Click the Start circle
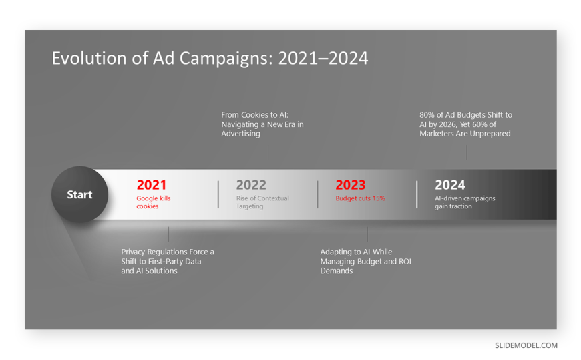click(79, 194)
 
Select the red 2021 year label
click(152, 184)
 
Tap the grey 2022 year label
click(251, 184)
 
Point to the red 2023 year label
click(351, 184)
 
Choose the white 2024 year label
click(450, 184)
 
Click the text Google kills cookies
click(154, 202)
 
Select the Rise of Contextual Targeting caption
click(262, 202)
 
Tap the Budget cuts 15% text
click(360, 198)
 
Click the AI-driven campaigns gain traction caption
click(465, 202)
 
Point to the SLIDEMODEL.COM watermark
click(526, 345)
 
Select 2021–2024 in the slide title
click(323, 58)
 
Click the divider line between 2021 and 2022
click(218, 194)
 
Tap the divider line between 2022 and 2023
click(318, 194)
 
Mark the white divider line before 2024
click(417, 194)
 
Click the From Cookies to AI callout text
click(262, 124)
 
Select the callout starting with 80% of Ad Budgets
click(465, 124)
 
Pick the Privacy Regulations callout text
click(168, 261)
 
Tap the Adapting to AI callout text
click(366, 261)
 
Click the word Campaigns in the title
click(226, 59)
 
